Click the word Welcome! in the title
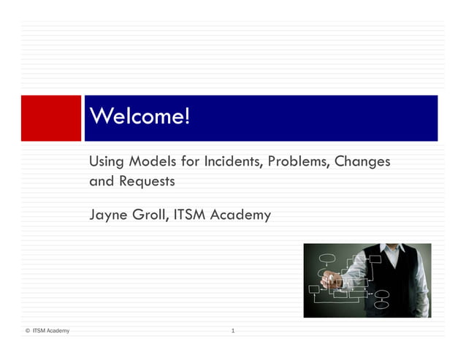(139, 117)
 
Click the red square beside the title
(51, 118)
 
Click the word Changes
(362, 161)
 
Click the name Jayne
(109, 215)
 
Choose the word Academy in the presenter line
(242, 215)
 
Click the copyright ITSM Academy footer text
(48, 332)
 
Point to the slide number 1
(232, 332)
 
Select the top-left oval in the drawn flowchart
(328, 258)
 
